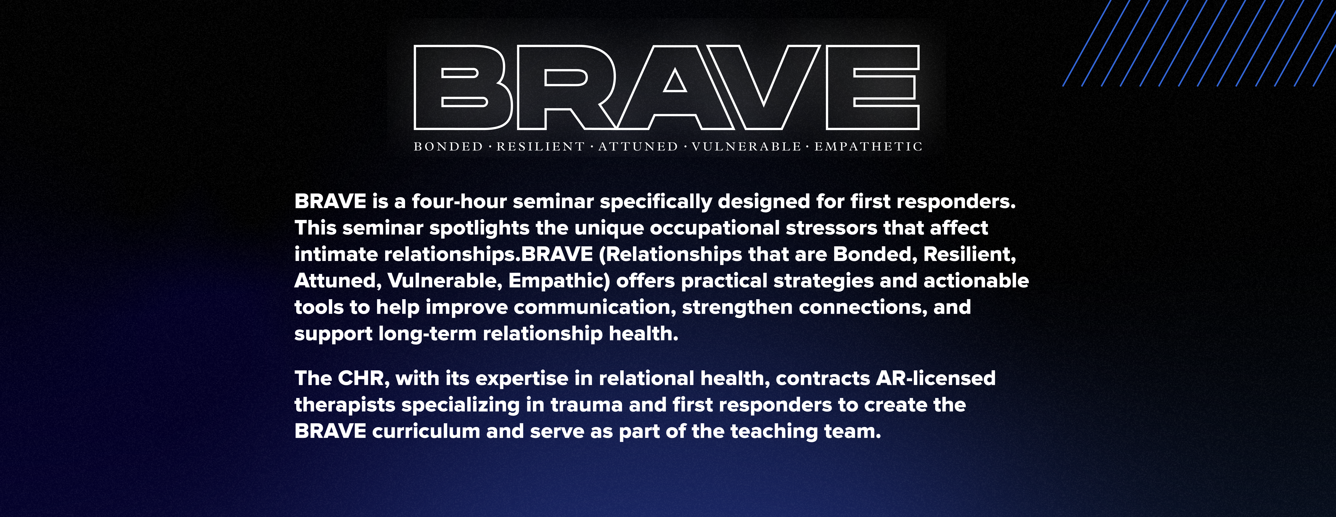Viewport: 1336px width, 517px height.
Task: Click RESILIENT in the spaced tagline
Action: coord(540,147)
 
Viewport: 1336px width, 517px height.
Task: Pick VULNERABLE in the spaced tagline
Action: coord(746,147)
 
